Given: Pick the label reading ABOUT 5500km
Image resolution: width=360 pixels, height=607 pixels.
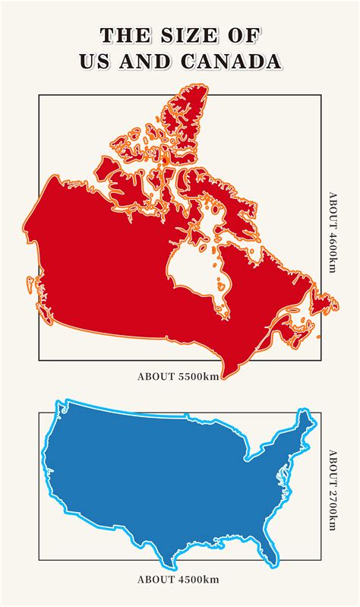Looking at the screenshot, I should click(x=179, y=375).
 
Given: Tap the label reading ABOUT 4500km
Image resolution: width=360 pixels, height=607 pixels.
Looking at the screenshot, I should click(x=179, y=579).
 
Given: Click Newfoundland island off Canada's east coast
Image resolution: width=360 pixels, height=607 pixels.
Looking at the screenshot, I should click(x=328, y=302).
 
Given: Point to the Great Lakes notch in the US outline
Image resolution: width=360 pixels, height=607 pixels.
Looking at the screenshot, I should click(x=247, y=456).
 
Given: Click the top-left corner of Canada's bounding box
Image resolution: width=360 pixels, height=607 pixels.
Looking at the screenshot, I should click(x=39, y=95).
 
